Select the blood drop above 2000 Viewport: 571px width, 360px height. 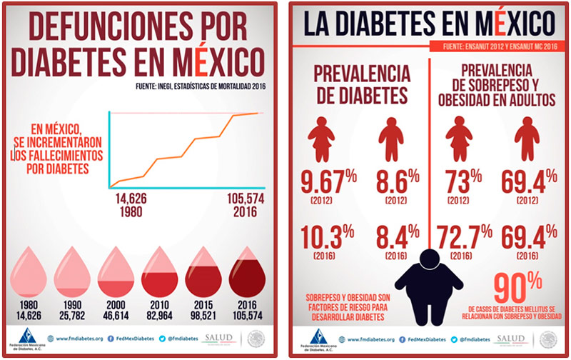click(x=116, y=273)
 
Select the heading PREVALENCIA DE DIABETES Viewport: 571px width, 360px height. click(x=359, y=84)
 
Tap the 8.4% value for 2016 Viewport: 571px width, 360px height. click(x=393, y=236)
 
